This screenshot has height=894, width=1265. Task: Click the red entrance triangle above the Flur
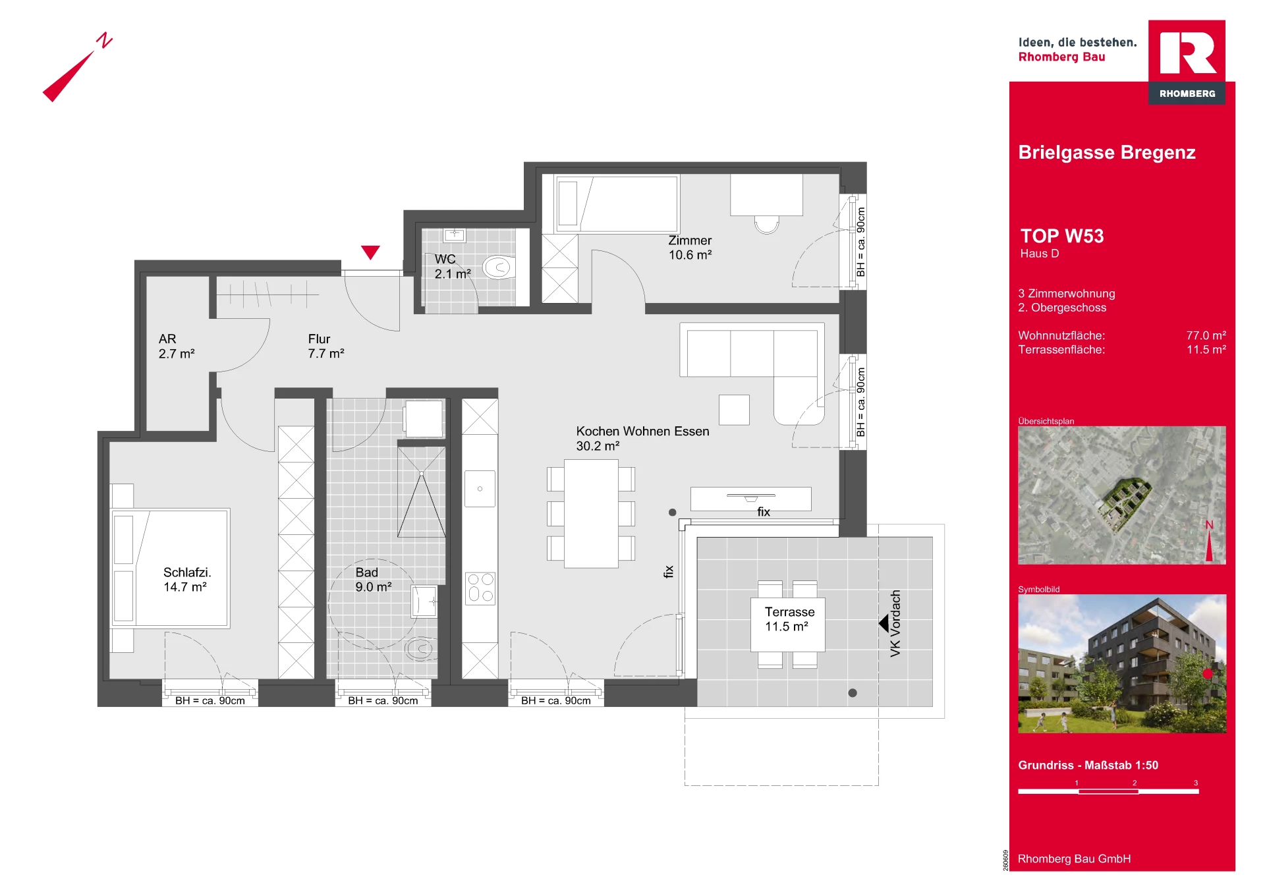370,252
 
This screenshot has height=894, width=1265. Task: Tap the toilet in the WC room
499,267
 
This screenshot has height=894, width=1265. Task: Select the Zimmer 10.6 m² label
690,248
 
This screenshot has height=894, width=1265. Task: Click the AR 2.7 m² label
177,347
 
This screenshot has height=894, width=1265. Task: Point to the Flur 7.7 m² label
326,347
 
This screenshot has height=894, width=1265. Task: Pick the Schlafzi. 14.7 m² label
186,580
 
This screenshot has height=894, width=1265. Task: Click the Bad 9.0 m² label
374,580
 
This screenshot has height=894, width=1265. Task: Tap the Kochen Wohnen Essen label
642,432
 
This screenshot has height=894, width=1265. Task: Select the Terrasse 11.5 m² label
789,619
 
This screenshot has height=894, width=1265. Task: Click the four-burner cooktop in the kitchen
480,588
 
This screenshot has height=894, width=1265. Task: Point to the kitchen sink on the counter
480,488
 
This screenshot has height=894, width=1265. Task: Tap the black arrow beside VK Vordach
884,623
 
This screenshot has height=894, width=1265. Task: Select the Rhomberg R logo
1187,62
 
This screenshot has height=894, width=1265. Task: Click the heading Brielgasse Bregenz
1107,153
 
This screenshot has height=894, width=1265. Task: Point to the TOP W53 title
1061,236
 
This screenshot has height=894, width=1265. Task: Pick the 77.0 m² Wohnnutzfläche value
1206,335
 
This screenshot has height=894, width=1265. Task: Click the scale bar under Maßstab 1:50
1108,791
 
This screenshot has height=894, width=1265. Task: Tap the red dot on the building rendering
1208,674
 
